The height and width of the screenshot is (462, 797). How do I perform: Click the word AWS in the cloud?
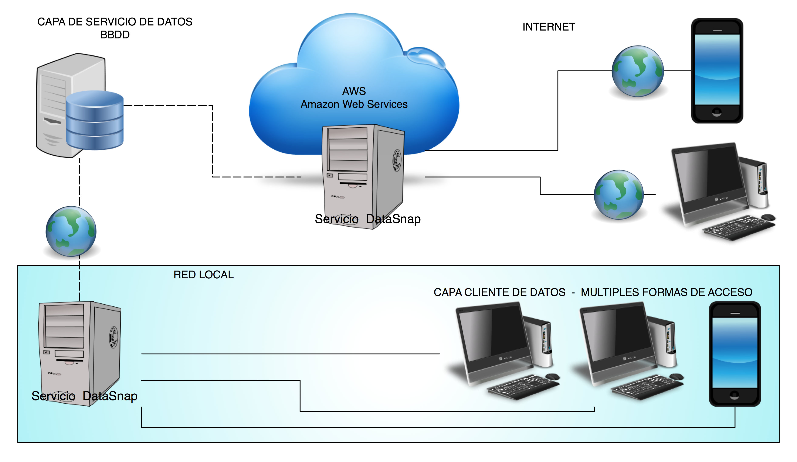pos(354,91)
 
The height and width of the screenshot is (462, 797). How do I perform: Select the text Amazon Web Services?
pos(354,104)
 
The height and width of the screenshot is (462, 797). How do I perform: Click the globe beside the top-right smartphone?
pos(638,71)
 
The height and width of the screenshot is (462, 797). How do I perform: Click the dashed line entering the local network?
pos(80,283)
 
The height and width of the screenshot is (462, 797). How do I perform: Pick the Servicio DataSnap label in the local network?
pos(84,396)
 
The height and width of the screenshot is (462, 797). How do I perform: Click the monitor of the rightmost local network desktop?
pos(617,335)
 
